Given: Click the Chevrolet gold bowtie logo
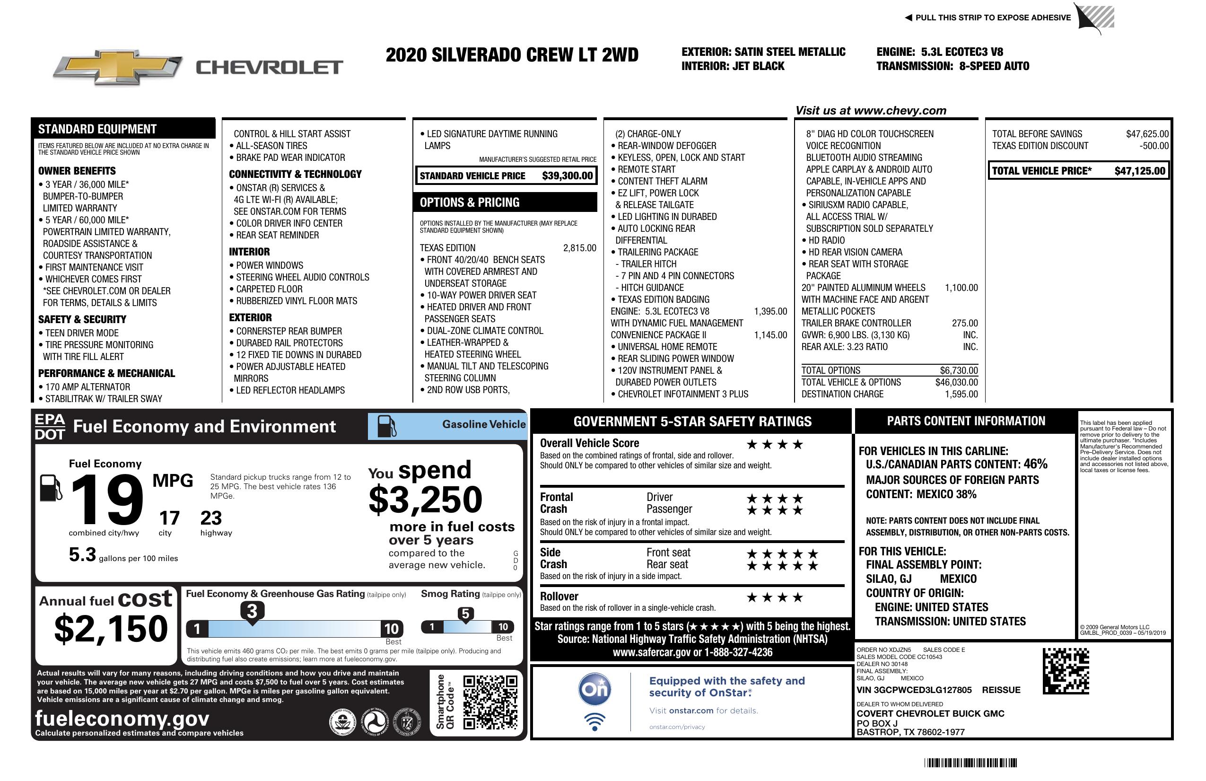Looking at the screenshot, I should (118, 67).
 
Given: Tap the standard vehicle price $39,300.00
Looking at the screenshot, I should (567, 176).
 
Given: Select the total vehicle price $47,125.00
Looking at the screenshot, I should (1140, 171).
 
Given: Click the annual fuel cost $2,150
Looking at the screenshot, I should (111, 629).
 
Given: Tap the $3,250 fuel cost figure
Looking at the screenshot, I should (426, 500).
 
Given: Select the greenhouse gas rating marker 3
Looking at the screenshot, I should (252, 611).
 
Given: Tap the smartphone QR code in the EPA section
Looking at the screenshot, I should (490, 702).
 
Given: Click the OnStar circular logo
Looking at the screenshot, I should (595, 689).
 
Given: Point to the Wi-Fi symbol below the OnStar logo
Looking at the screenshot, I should (595, 722).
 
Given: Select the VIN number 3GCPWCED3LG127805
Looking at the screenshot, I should (914, 690).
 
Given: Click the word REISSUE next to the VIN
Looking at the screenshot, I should (1001, 690).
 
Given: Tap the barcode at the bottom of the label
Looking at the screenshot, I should (970, 763).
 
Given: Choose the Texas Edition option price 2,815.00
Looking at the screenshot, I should (579, 248).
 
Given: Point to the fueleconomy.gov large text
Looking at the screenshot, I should (122, 719).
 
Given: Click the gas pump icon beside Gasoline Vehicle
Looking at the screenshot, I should (387, 426).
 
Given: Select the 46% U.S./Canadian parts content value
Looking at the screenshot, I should (1035, 464).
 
